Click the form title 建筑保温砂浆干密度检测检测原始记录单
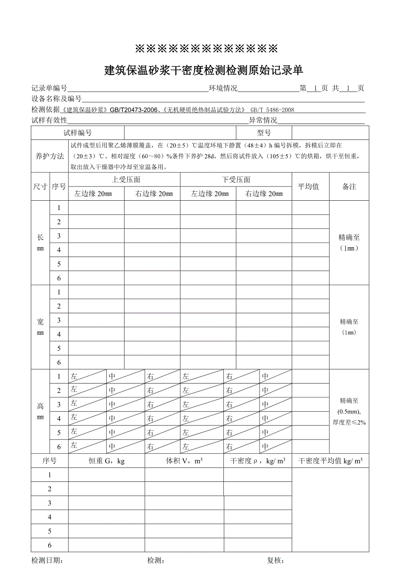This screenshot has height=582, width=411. pyautogui.click(x=204, y=70)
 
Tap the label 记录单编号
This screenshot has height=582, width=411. pyautogui.click(x=49, y=89)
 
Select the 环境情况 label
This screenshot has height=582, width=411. pyautogui.click(x=223, y=89)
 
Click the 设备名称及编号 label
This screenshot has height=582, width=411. pyautogui.click(x=56, y=99)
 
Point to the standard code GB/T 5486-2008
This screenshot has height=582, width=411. pyautogui.click(x=272, y=110)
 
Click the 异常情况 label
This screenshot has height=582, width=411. pyautogui.click(x=263, y=120)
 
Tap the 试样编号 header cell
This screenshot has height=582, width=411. pyautogui.click(x=78, y=133)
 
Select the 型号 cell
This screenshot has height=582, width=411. pyautogui.click(x=264, y=133)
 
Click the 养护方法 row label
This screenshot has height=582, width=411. pyautogui.click(x=50, y=156)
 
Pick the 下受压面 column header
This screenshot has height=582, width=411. pyautogui.click(x=236, y=180)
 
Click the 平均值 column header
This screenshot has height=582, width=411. pyautogui.click(x=308, y=186)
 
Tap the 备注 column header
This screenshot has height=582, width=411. pyautogui.click(x=349, y=186)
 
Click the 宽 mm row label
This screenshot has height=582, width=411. pyautogui.click(x=40, y=327)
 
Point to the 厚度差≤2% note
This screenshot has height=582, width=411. pyautogui.click(x=349, y=422)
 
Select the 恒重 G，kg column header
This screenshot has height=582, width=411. pyautogui.click(x=106, y=461)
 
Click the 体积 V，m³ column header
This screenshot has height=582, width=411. pyautogui.click(x=184, y=461)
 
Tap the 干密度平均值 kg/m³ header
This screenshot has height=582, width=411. pyautogui.click(x=330, y=461)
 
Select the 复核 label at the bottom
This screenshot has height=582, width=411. pyautogui.click(x=275, y=561)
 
